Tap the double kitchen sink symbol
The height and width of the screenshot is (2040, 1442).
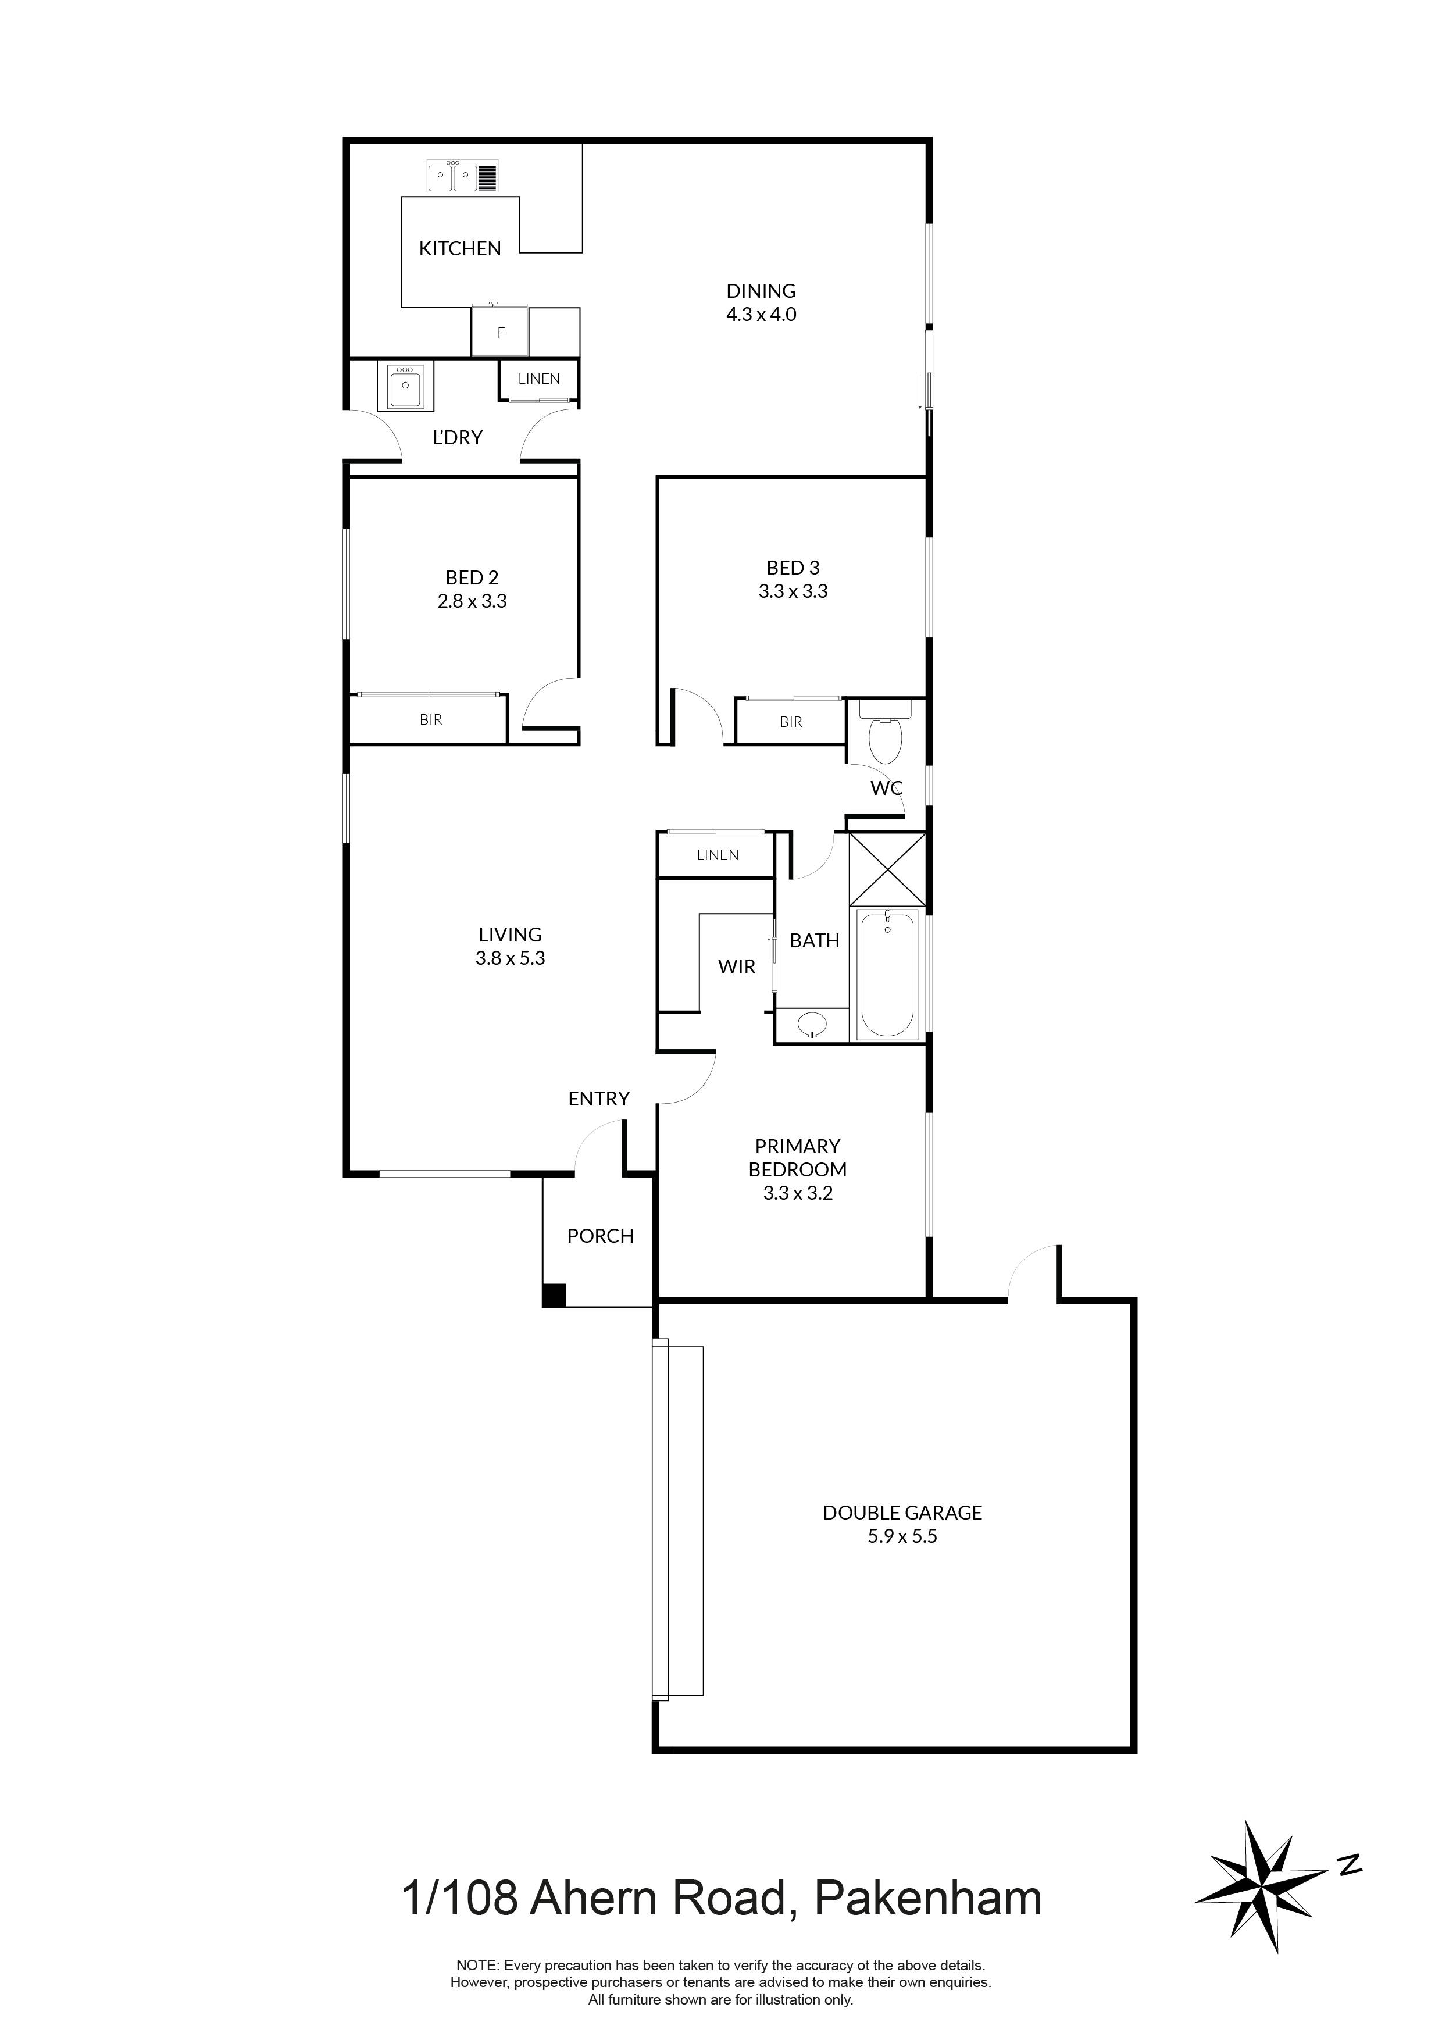(463, 176)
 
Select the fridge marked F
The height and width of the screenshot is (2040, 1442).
(500, 332)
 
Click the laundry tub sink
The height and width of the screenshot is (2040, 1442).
(405, 385)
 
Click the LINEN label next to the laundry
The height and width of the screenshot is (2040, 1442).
(538, 379)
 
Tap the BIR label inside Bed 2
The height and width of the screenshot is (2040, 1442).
(430, 720)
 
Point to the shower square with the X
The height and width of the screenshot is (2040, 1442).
(887, 869)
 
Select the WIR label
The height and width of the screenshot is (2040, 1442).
(737, 966)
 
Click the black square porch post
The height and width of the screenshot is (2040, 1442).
(554, 1296)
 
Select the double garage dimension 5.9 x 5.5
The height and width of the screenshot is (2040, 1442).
(902, 1536)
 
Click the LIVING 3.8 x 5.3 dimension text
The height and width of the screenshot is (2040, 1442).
(510, 959)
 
